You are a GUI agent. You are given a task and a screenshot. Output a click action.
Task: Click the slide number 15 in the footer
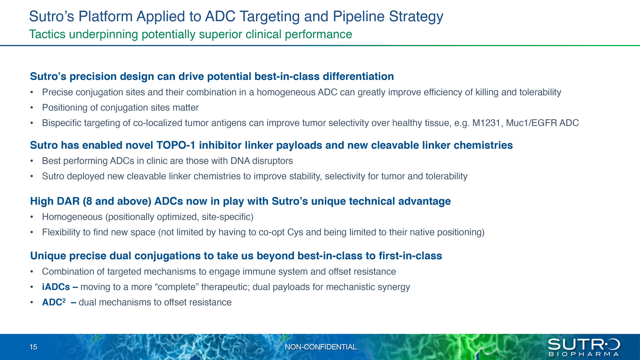pos(33,347)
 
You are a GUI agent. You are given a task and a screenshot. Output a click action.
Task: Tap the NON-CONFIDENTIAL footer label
pos(321,347)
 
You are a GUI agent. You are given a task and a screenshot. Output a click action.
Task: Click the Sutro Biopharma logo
pos(584,347)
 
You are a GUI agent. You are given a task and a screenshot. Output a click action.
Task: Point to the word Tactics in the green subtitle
pos(47,34)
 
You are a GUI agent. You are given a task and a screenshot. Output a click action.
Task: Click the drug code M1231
pos(486,123)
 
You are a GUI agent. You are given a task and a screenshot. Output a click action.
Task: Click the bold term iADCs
pos(56,287)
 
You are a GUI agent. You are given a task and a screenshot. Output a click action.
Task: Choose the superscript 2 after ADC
pos(64,300)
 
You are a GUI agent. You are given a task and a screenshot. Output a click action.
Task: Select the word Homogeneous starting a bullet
pos(72,217)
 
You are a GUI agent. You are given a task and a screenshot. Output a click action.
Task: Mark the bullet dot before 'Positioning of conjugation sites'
pos(32,108)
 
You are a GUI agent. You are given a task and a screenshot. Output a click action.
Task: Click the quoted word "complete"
pos(176,287)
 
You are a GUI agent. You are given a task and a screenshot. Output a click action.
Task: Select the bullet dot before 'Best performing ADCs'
pos(32,161)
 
